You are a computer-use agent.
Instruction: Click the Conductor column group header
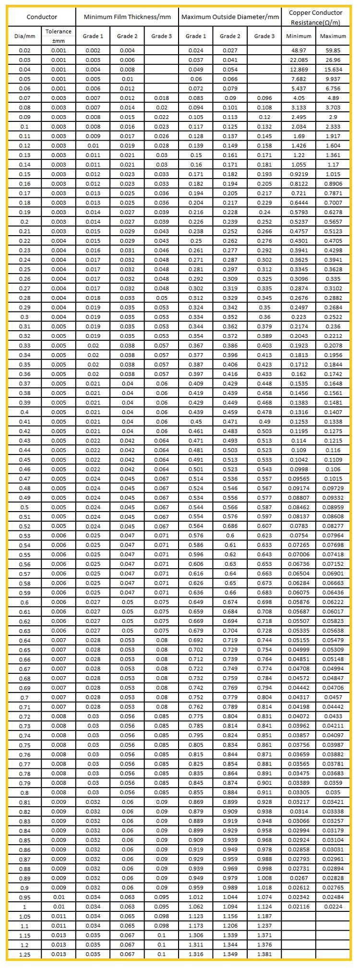42,17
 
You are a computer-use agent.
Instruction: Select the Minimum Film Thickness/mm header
127,17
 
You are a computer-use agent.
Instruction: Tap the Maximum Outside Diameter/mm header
229,17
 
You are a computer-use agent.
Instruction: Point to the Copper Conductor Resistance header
315,17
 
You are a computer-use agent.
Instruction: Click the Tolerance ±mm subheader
59,36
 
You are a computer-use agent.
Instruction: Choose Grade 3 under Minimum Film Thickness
161,36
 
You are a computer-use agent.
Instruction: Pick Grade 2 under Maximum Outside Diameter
230,36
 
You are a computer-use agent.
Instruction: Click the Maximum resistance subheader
333,36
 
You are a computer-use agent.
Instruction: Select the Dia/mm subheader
24,36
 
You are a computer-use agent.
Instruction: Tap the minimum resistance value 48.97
299,50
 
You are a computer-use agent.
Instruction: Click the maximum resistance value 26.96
333,60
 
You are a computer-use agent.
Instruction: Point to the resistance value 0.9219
299,174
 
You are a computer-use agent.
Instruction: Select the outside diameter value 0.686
230,526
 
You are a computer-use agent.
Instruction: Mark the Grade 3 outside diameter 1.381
264,954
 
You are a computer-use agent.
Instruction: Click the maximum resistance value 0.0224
333,907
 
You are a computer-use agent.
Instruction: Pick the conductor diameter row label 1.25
24,955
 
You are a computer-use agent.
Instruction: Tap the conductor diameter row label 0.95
24,897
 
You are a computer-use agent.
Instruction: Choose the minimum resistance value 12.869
299,70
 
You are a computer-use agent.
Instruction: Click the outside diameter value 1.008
264,878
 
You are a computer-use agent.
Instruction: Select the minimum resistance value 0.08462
299,507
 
